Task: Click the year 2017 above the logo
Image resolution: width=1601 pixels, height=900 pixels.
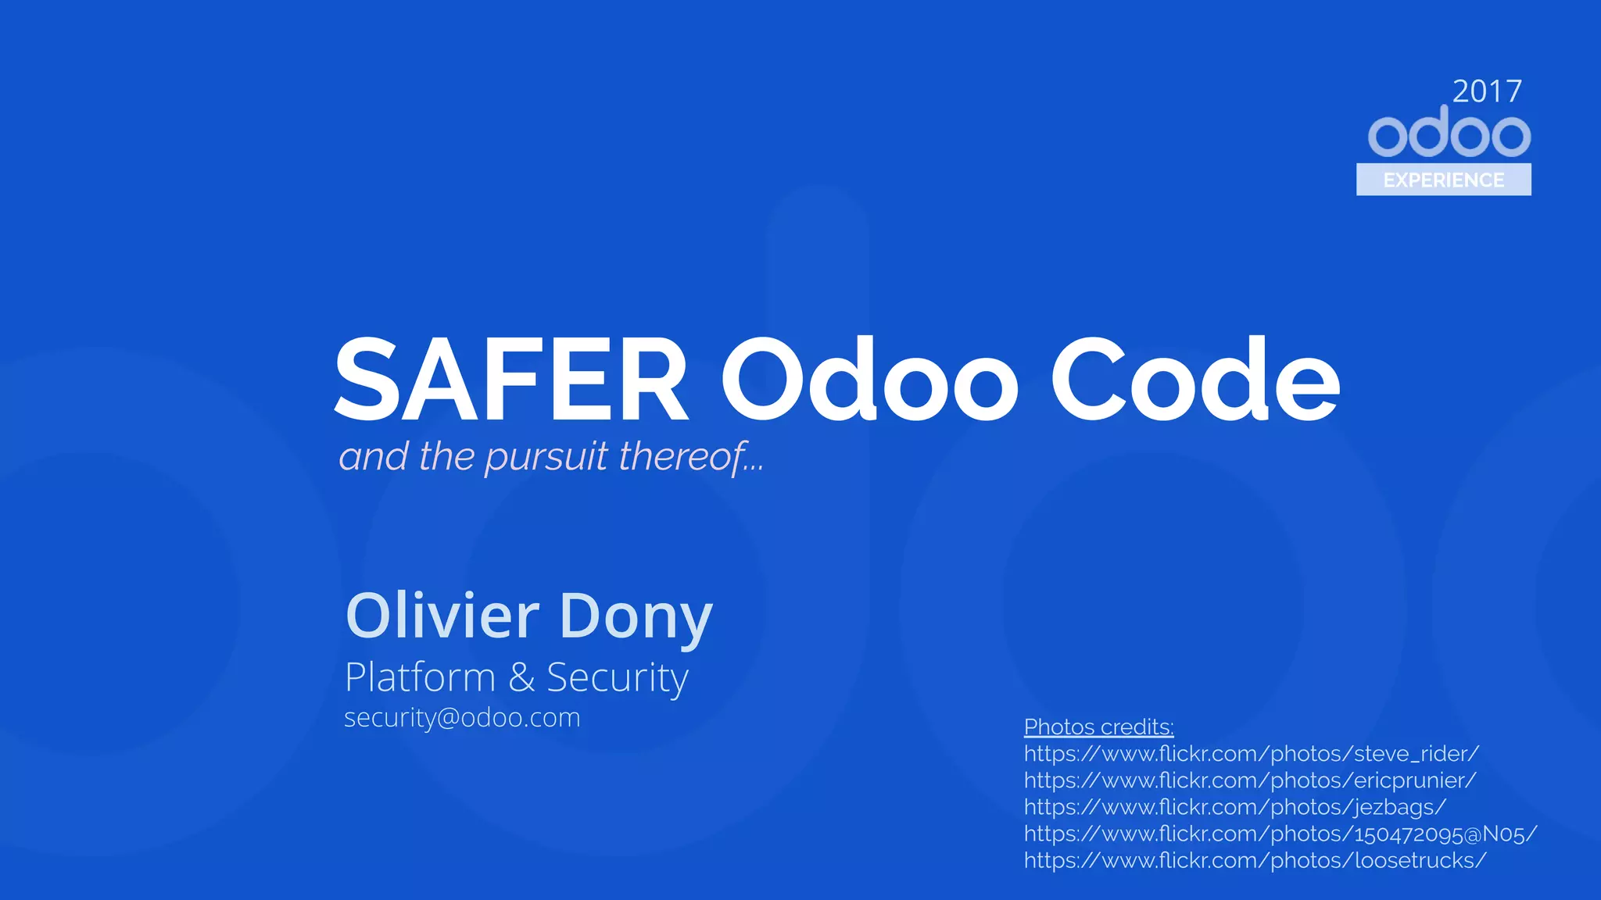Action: tap(1487, 91)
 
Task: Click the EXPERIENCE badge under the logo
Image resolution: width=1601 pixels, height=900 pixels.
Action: tap(1443, 180)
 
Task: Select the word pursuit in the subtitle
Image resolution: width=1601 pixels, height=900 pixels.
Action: tap(546, 457)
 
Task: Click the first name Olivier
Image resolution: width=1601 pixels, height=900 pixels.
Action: tap(442, 616)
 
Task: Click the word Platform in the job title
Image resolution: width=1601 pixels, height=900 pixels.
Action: tap(420, 677)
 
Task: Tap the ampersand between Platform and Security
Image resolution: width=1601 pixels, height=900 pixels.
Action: tap(521, 678)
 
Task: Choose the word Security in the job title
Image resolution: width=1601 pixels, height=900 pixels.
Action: tap(617, 678)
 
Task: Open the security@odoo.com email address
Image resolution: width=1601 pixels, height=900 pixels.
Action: tap(462, 717)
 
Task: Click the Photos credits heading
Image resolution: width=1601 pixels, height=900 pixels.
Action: tap(1098, 727)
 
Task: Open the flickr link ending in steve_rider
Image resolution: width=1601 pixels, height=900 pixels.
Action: tap(1251, 754)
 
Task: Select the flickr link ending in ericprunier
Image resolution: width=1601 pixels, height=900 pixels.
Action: tap(1249, 780)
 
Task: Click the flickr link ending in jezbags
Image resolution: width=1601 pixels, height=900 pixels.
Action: tap(1235, 807)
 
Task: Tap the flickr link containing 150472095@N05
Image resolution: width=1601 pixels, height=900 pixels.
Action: tap(1280, 834)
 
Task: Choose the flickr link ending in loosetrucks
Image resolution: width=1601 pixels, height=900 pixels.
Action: tap(1254, 861)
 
